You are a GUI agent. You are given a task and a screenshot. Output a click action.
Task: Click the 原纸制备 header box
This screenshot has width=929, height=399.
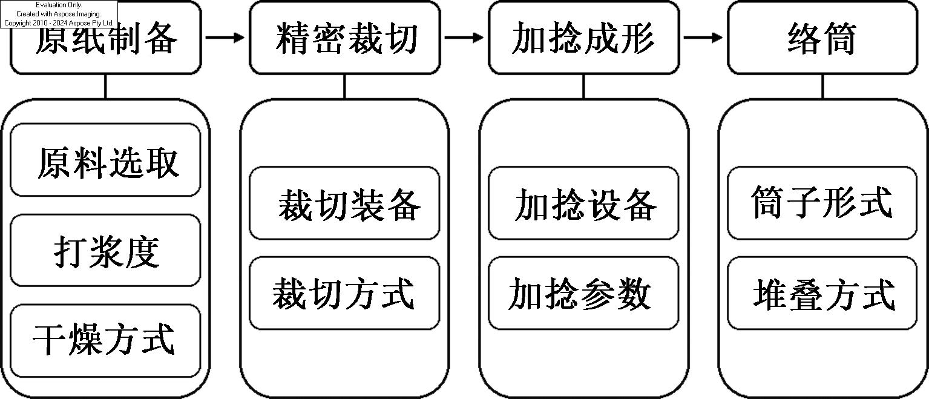click(106, 38)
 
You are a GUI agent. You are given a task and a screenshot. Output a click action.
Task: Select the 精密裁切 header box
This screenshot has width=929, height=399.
click(344, 38)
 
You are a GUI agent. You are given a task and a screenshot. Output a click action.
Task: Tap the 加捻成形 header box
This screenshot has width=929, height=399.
click(584, 38)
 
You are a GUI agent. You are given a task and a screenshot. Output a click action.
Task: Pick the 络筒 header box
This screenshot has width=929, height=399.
click(822, 38)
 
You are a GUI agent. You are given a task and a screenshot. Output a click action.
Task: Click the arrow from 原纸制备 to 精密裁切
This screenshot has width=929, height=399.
click(225, 38)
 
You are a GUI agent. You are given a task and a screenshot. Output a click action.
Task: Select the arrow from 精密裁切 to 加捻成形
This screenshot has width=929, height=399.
click(464, 38)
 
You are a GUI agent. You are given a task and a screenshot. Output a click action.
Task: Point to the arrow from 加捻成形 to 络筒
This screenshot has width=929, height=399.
click(703, 38)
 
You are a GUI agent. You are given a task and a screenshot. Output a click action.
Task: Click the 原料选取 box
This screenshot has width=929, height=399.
click(105, 160)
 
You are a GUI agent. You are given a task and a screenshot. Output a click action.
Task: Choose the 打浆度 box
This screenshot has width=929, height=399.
click(105, 251)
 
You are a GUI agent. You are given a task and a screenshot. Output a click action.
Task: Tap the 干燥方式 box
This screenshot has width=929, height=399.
click(105, 341)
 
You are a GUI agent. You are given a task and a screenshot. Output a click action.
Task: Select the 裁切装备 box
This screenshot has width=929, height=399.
click(344, 203)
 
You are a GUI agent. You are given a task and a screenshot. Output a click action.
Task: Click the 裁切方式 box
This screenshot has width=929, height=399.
click(344, 293)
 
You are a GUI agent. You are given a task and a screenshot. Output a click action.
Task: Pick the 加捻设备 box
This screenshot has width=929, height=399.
click(583, 203)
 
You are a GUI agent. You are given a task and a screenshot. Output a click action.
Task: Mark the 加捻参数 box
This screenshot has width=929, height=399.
click(583, 293)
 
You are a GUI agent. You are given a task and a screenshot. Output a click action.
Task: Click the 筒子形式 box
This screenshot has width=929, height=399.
click(822, 203)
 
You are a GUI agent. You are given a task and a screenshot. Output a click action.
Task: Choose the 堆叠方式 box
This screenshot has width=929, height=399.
click(822, 293)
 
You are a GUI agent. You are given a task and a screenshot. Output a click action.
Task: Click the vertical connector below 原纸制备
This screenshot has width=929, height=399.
click(105, 87)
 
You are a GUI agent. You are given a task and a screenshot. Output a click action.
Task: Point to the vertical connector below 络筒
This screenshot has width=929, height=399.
click(823, 87)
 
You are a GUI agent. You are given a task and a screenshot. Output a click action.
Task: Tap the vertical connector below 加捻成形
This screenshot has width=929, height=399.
click(584, 87)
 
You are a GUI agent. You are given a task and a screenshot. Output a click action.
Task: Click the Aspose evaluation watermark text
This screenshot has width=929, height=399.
click(59, 14)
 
